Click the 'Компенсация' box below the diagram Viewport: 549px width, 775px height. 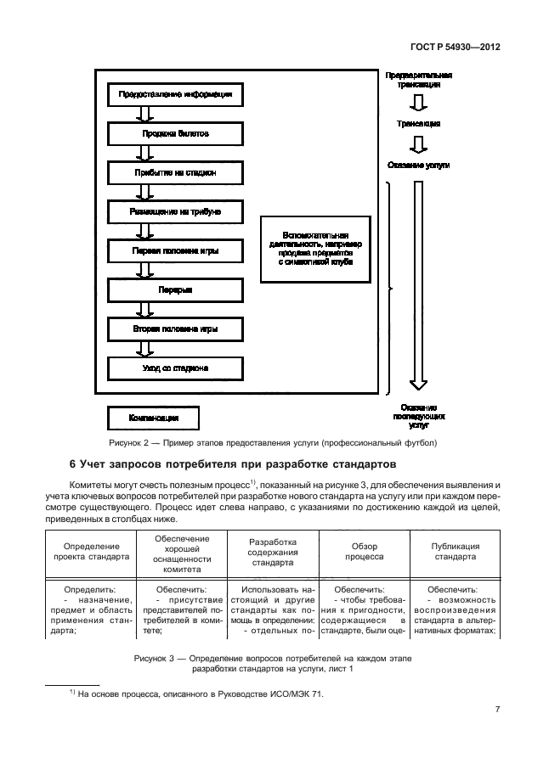pyautogui.click(x=154, y=418)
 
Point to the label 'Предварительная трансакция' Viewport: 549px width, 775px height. pyautogui.click(x=416, y=81)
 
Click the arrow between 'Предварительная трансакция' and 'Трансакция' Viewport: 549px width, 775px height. pyautogui.click(x=416, y=104)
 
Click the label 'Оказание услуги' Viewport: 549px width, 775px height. pyautogui.click(x=416, y=165)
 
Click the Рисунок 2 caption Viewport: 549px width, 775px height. pyautogui.click(x=273, y=443)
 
